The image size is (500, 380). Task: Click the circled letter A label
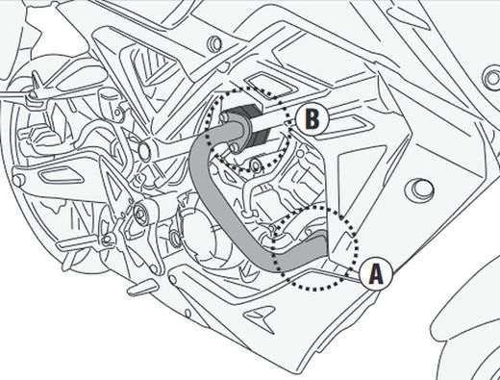pyautogui.click(x=376, y=274)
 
